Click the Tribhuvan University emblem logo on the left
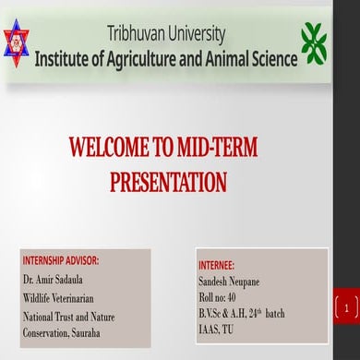click(x=17, y=43)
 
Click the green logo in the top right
click(x=314, y=42)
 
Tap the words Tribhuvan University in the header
click(x=165, y=35)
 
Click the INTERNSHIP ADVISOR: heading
click(x=61, y=260)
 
